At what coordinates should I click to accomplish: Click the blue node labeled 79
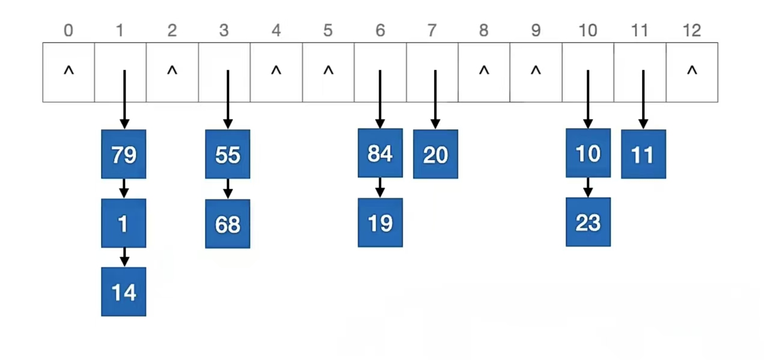[x=123, y=154]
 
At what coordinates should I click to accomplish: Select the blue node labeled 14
[x=123, y=292]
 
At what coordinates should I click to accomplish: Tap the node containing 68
[x=227, y=224]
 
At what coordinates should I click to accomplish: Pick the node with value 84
[x=380, y=153]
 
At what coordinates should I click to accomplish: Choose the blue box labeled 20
[x=435, y=154]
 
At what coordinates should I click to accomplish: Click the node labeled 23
[x=588, y=222]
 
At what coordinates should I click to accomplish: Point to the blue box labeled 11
[x=643, y=154]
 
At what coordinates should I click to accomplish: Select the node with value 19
[x=380, y=223]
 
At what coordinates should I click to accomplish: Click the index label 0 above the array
[x=68, y=31]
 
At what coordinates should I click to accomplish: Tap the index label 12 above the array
[x=692, y=31]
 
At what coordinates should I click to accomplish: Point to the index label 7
[x=432, y=31]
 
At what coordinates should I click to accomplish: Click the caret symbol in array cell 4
[x=276, y=72]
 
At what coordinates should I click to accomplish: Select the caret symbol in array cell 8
[x=484, y=72]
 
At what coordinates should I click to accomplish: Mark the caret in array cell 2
[x=172, y=72]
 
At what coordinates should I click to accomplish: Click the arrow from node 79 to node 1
[x=124, y=188]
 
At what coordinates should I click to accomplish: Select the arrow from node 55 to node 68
[x=228, y=189]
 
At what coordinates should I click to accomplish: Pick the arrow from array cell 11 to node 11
[x=643, y=99]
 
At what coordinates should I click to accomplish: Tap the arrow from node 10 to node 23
[x=588, y=188]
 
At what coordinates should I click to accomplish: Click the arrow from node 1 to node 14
[x=124, y=257]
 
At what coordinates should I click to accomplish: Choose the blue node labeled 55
[x=227, y=154]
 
